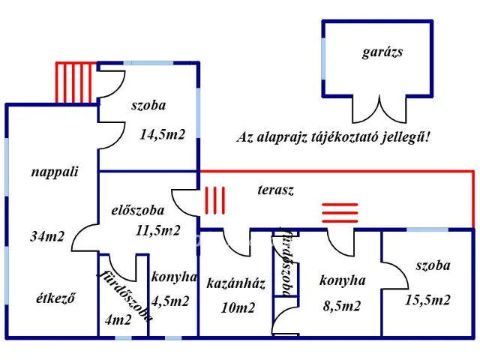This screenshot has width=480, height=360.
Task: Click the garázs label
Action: (382, 52)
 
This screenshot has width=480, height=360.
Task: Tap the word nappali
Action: (55, 172)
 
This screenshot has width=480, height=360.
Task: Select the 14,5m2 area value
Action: (162, 134)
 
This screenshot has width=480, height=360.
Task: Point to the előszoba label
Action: (137, 210)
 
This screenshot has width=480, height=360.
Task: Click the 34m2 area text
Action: (47, 236)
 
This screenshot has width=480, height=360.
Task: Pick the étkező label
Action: (55, 298)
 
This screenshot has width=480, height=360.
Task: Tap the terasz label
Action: (275, 190)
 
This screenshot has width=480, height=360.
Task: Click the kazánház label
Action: (235, 283)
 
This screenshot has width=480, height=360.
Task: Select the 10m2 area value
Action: (238, 307)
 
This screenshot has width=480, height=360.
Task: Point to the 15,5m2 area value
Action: (427, 300)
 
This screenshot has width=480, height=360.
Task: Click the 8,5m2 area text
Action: (342, 306)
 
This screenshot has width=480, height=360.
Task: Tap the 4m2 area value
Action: (118, 320)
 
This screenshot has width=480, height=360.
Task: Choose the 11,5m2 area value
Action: (157, 230)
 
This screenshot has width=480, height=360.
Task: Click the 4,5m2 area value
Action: (170, 301)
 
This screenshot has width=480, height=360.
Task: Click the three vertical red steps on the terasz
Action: (215, 200)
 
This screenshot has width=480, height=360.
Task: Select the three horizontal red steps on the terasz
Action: (340, 212)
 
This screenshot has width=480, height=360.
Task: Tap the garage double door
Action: (379, 109)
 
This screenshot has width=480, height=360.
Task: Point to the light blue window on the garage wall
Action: (323, 58)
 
